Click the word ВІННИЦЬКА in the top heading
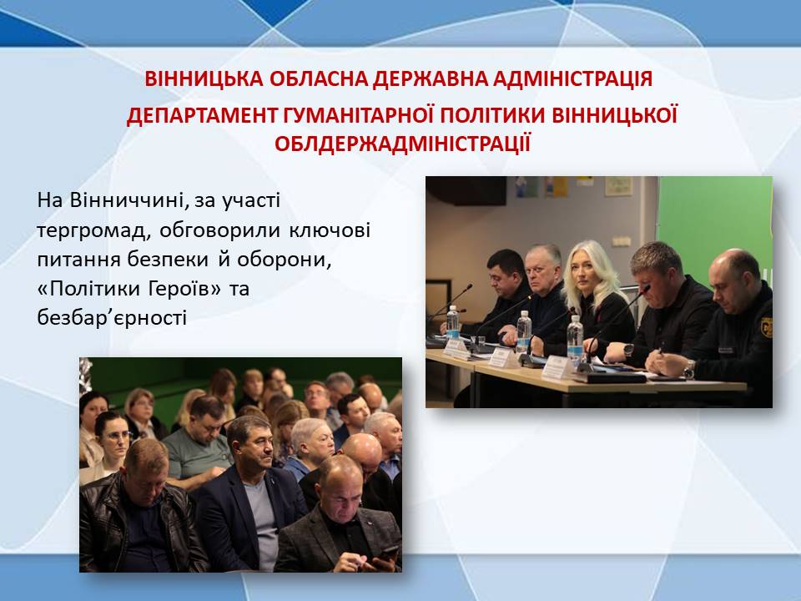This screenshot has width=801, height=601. point(204,78)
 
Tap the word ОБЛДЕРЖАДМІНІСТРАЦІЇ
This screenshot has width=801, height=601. point(402,144)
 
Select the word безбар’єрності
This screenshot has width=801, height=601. point(112,318)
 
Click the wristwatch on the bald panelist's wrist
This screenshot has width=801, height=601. point(690,369)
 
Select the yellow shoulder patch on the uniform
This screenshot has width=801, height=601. point(766,327)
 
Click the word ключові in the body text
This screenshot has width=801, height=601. point(330,230)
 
